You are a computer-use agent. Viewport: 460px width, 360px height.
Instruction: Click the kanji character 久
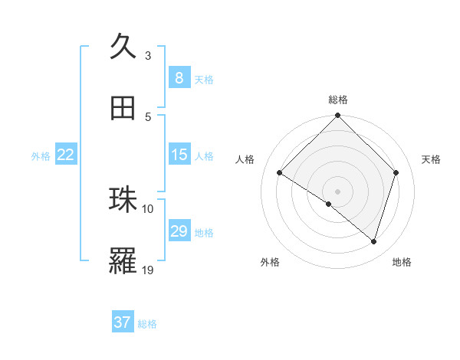coord(123,47)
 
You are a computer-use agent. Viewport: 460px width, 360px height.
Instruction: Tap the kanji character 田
coord(123,108)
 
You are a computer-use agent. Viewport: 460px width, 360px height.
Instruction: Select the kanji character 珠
coord(123,200)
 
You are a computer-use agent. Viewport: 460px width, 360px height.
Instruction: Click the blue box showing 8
coord(179,77)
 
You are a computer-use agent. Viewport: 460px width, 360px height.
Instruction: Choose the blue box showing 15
coord(179,155)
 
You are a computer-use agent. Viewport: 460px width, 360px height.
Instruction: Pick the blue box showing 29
coord(179,231)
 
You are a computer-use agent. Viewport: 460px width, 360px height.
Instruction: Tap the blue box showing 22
coord(66,155)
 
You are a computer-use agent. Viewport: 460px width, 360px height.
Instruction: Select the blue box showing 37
coord(123,322)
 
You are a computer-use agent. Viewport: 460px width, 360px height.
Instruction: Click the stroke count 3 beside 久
coord(148,56)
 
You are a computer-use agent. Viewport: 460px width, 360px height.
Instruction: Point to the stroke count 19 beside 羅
coord(148,270)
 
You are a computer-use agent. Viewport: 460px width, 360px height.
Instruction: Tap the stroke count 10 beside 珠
coord(148,208)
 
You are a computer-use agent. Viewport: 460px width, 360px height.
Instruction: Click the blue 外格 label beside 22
coord(41,155)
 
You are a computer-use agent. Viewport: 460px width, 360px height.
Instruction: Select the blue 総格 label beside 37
coord(147,324)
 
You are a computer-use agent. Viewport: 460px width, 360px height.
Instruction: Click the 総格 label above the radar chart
coord(338,100)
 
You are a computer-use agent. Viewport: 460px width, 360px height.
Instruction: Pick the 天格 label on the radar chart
coord(432,159)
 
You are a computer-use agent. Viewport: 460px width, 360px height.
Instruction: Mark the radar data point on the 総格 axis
coord(338,117)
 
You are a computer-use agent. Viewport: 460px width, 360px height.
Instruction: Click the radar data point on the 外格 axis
coord(329,204)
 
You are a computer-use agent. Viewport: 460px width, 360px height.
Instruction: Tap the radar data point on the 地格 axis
coord(374,242)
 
